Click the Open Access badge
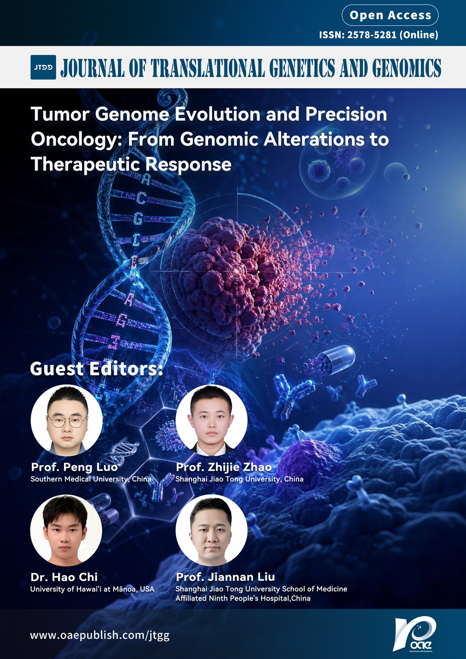[390, 15]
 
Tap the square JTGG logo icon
[43, 67]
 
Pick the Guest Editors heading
[96, 369]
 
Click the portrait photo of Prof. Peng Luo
[67, 420]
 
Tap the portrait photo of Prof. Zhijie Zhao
[212, 420]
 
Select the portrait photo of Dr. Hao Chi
[66, 530]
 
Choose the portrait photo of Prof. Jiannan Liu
[212, 530]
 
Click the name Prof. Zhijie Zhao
[224, 467]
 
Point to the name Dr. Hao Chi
[64, 577]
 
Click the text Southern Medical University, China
[90, 479]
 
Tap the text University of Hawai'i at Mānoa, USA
[92, 589]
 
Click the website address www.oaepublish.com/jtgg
[100, 636]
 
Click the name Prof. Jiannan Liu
[226, 577]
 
